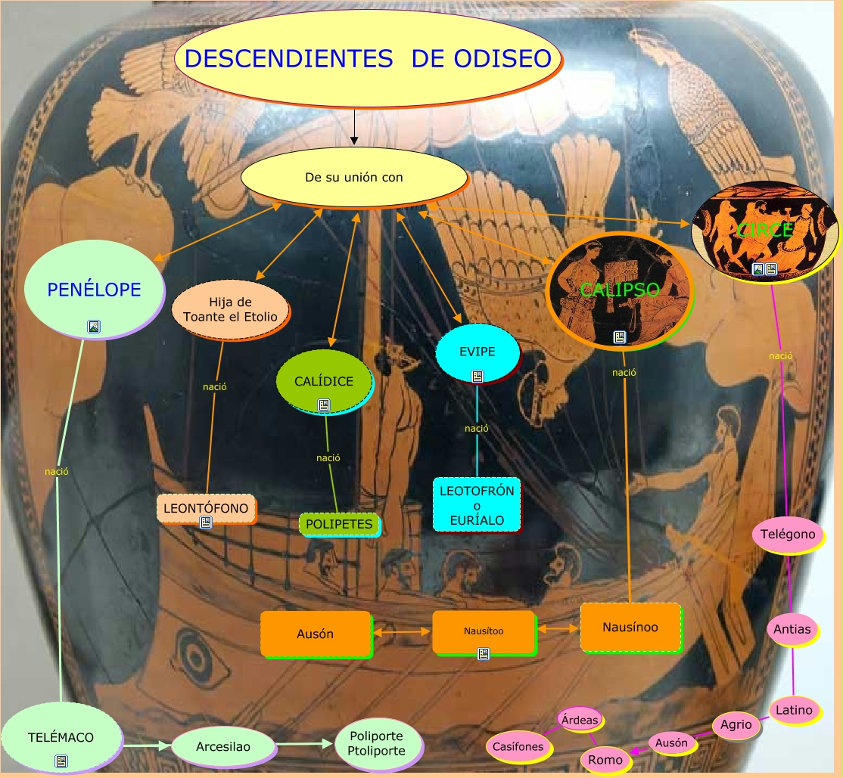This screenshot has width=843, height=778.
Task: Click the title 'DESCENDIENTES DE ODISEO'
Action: click(x=368, y=59)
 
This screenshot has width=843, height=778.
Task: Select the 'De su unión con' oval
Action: click(x=353, y=178)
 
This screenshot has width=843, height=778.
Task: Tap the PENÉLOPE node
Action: click(x=94, y=290)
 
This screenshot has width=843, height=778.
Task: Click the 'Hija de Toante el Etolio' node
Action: click(x=230, y=310)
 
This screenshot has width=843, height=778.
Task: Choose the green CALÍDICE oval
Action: click(x=324, y=381)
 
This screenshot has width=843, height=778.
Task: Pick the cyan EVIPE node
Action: click(x=477, y=352)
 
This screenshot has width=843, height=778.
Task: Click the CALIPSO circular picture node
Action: click(x=619, y=290)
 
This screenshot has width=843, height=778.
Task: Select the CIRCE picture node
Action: click(x=765, y=230)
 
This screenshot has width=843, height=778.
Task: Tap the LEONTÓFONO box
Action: click(x=206, y=508)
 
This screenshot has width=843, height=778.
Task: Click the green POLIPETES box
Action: click(x=339, y=524)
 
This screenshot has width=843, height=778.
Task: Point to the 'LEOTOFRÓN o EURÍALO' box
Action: click(x=477, y=505)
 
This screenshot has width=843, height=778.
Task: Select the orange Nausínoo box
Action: click(x=630, y=627)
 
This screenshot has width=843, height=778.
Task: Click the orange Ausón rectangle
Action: click(x=316, y=634)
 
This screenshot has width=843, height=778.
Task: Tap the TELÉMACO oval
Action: click(x=61, y=736)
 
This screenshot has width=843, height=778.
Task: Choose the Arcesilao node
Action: click(x=223, y=747)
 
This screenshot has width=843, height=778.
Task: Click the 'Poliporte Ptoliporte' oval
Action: click(x=376, y=743)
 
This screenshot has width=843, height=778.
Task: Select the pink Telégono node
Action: click(x=788, y=535)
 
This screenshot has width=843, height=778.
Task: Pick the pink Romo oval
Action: click(x=605, y=760)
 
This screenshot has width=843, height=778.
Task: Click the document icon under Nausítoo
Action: click(x=484, y=654)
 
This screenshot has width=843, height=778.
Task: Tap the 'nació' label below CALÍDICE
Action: click(x=328, y=457)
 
